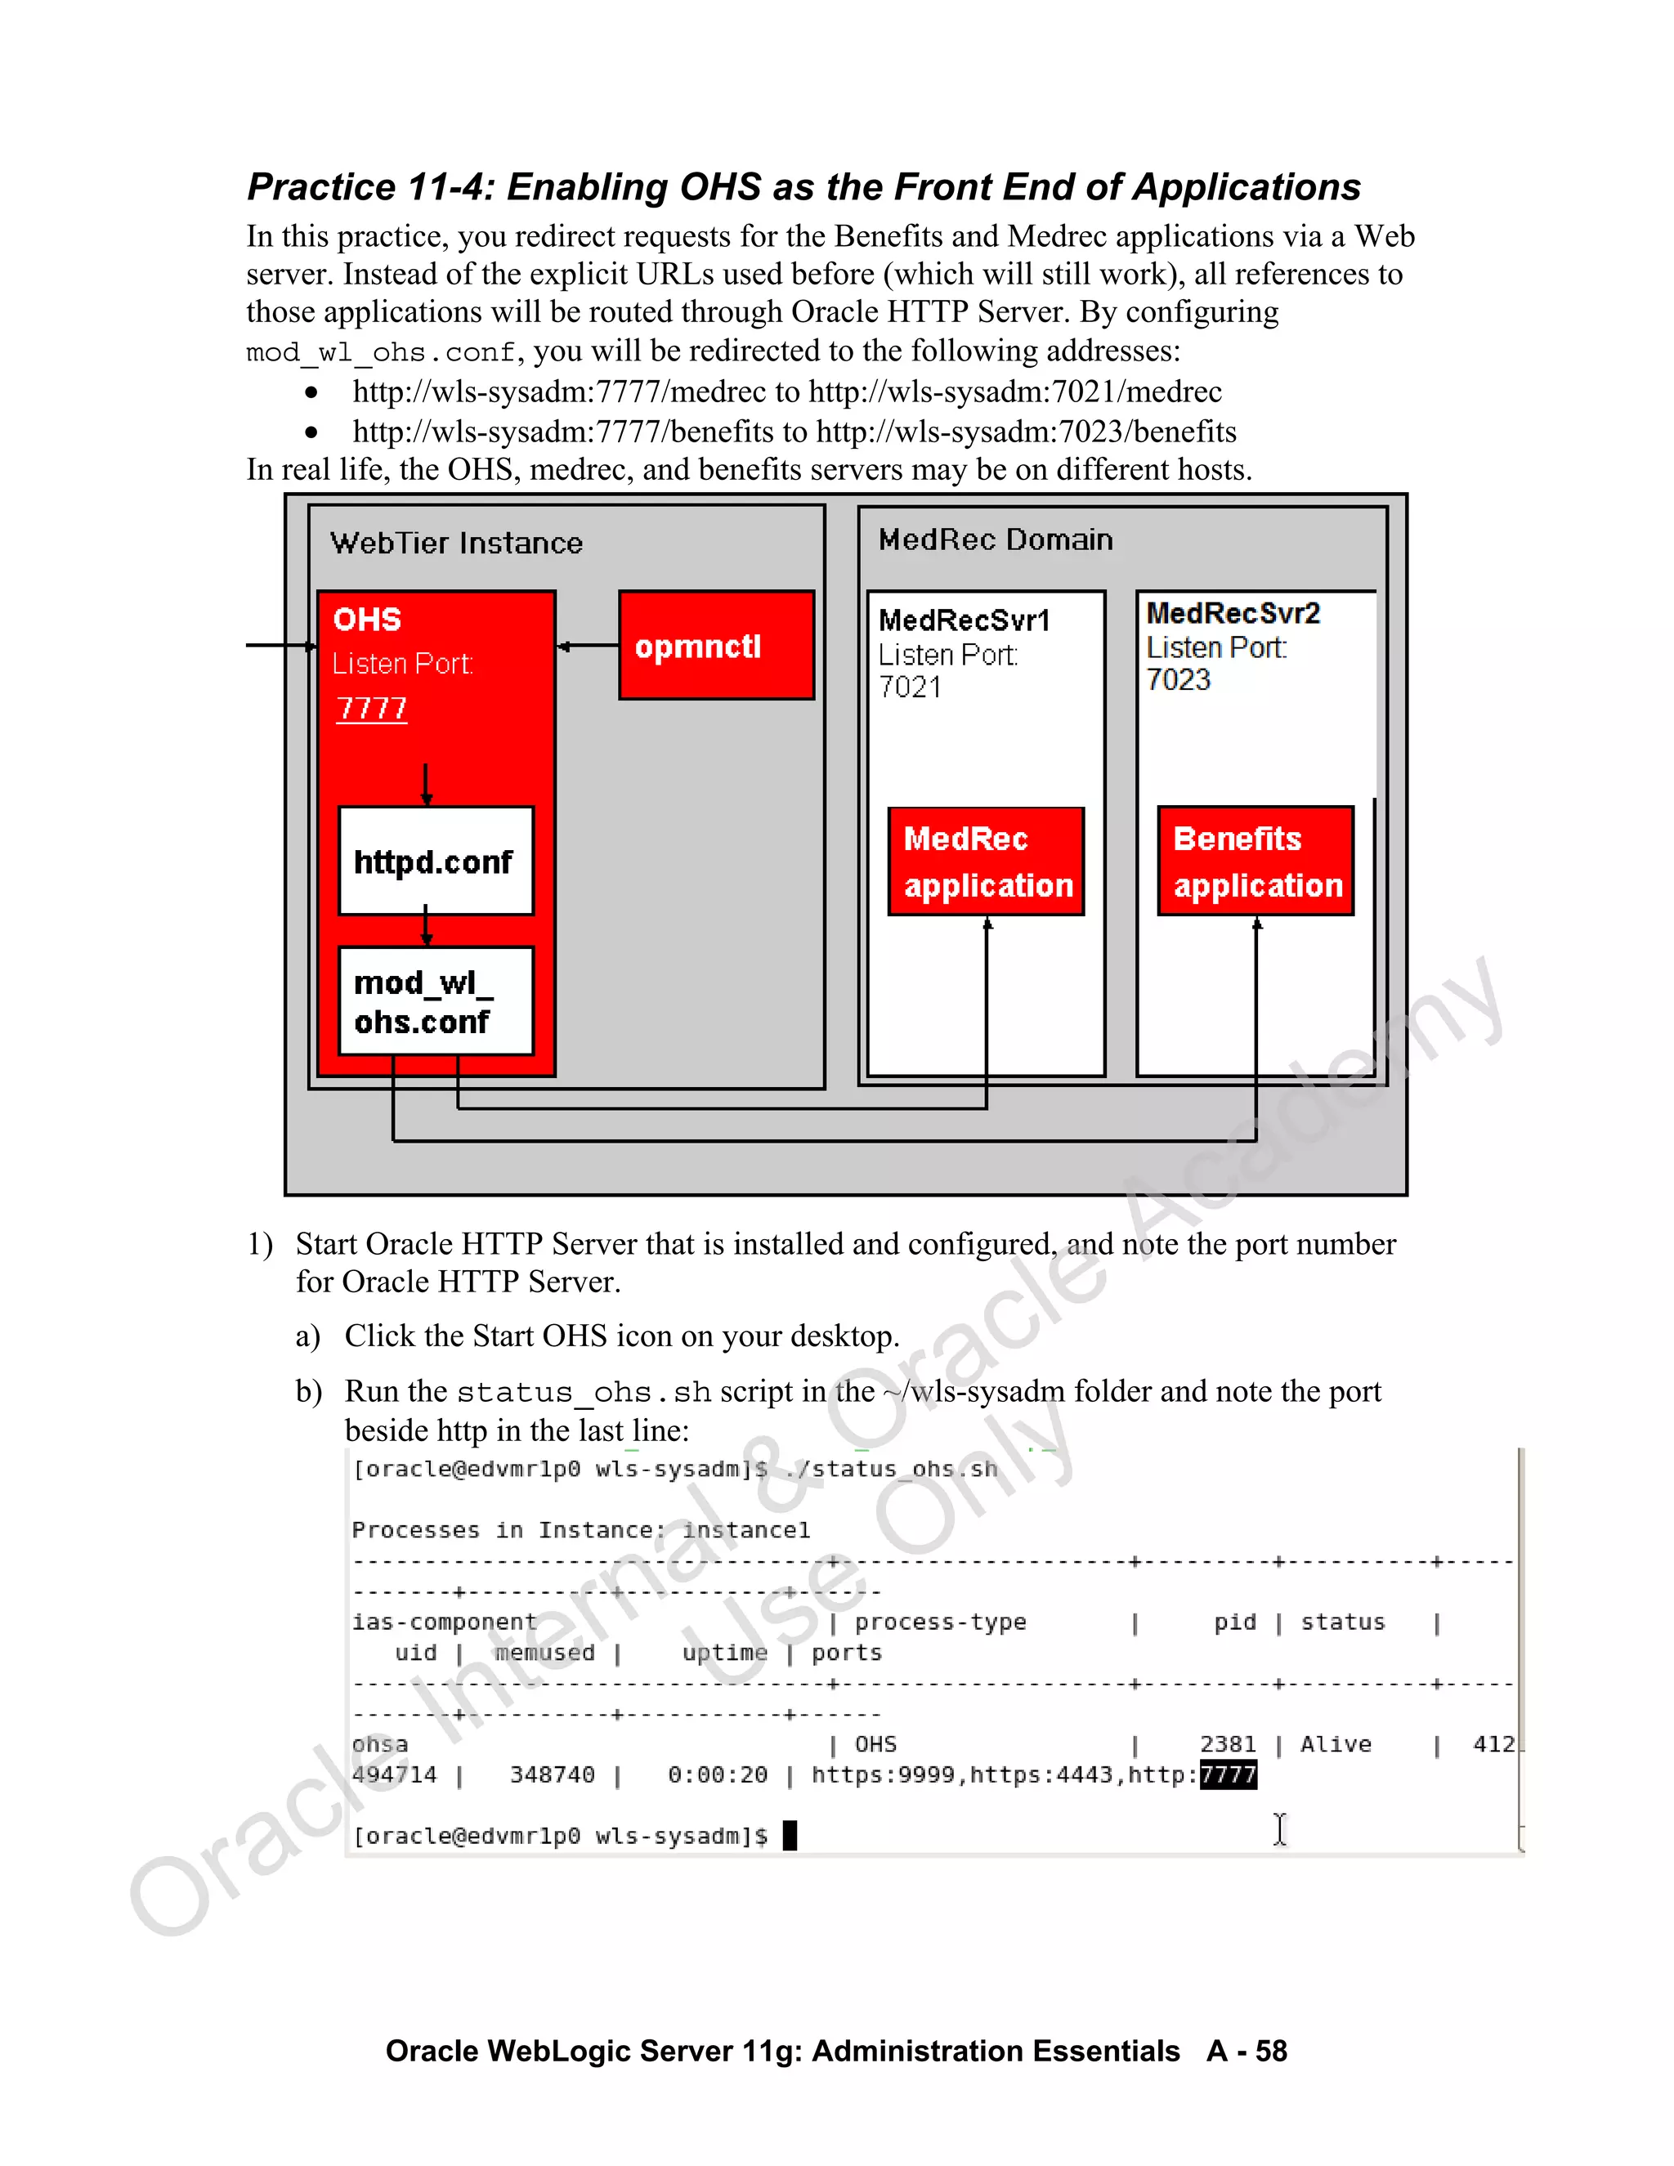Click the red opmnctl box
[716, 646]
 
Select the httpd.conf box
[436, 861]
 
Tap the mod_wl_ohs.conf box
[436, 1000]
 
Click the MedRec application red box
[986, 861]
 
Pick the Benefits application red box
[1255, 861]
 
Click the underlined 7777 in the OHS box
[372, 708]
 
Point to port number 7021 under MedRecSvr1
[910, 687]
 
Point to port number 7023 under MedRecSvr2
[1178, 679]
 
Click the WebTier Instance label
[456, 543]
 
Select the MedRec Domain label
[996, 539]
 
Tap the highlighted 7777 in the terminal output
[1228, 1774]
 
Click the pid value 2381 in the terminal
[1228, 1743]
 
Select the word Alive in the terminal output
[1336, 1743]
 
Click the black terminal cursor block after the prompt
[790, 1836]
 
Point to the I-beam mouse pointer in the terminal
[1279, 1828]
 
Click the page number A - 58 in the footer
[1247, 2050]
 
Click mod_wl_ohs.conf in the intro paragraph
[381, 352]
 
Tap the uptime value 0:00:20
[717, 1774]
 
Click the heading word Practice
[321, 186]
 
